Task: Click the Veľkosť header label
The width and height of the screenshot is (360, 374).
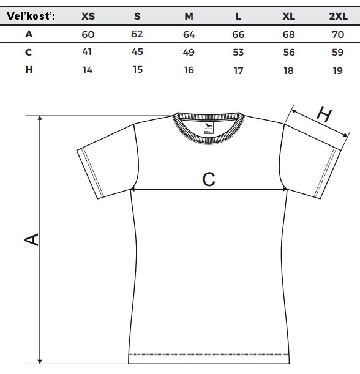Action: tap(31, 16)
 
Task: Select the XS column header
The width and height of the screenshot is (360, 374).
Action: tap(88, 16)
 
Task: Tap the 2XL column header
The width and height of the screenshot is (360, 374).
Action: tap(339, 16)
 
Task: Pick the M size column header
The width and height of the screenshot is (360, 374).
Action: tap(189, 16)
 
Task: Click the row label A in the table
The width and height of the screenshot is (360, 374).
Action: tap(29, 34)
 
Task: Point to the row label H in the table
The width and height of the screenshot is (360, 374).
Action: tap(29, 70)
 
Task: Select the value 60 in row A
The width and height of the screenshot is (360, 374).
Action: tap(88, 35)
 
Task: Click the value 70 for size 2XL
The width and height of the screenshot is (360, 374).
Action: tap(338, 35)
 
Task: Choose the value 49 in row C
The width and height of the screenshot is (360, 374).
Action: tap(189, 52)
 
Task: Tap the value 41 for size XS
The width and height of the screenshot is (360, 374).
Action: tap(87, 52)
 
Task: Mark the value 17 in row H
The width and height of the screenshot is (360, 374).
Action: tap(238, 70)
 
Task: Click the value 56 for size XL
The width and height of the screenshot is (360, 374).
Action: tap(289, 52)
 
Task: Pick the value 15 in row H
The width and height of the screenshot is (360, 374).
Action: tap(138, 70)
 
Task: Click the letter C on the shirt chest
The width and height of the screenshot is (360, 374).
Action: tap(209, 179)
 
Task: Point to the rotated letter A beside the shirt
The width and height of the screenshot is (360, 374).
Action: tap(31, 239)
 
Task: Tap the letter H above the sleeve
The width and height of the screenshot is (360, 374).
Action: tap(324, 114)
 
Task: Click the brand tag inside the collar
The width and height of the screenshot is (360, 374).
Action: tap(209, 127)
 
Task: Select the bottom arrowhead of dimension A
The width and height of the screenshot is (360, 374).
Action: tap(40, 361)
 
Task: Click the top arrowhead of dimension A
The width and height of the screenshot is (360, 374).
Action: tap(40, 119)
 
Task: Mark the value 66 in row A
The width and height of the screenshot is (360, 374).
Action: tap(238, 35)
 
